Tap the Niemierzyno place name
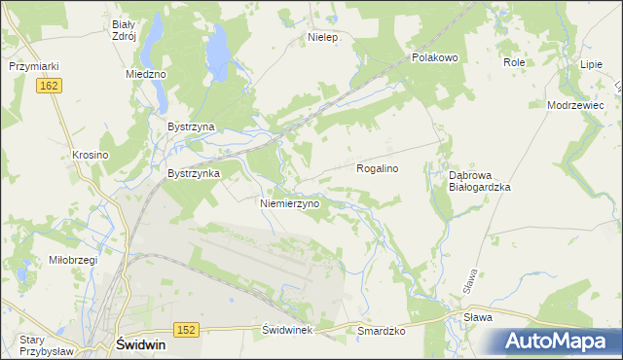pos(290,204)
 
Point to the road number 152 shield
pos(187,330)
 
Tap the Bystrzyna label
pos(191,126)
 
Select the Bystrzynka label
pos(194,173)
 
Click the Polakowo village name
pos(434,57)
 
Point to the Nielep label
pos(321,38)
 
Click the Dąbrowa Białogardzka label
pos(479,180)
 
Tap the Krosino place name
pos(90,155)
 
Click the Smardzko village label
pos(381,331)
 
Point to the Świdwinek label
pos(286,331)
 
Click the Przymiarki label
pos(35,66)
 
